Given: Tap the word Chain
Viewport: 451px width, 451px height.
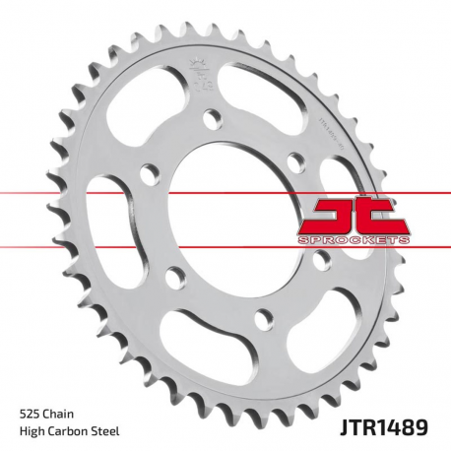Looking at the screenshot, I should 59,412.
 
